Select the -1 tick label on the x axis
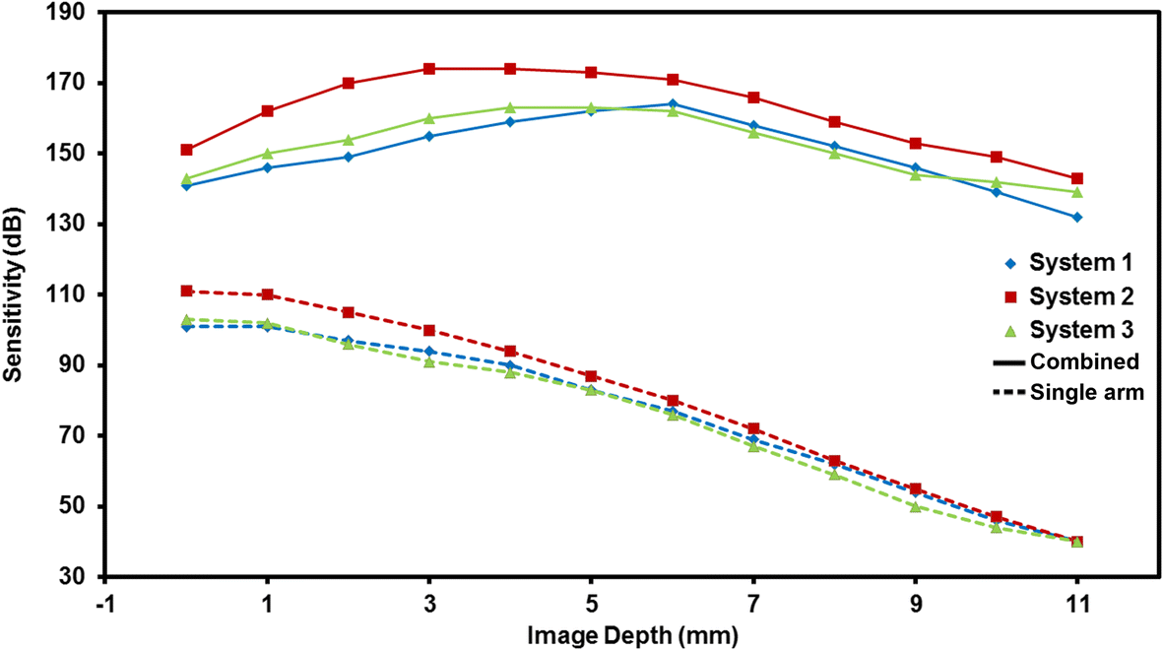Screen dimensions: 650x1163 click(105, 598)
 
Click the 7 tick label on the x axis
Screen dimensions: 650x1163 click(753, 598)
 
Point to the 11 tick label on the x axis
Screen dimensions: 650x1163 click(1077, 598)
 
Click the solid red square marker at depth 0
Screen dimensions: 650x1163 click(186, 150)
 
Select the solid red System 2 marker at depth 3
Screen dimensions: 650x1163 click(429, 69)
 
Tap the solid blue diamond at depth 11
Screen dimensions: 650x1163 click(1077, 217)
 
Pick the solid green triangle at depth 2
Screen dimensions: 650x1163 click(349, 140)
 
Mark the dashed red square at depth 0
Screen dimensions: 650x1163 click(186, 291)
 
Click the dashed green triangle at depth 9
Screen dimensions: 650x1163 click(916, 507)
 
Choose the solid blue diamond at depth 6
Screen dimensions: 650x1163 click(673, 104)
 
